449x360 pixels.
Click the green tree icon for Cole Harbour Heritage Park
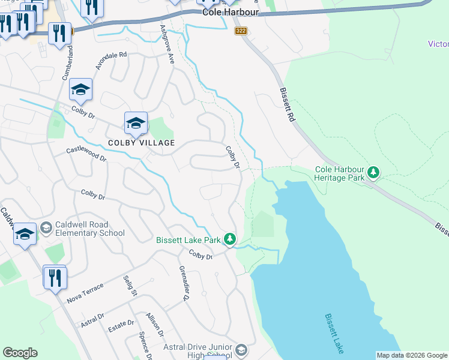374,173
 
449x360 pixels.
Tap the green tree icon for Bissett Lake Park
229,239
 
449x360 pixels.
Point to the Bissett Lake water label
335,332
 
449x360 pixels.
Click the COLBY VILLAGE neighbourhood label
141,143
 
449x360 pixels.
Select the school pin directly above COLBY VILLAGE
136,123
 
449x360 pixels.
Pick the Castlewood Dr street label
86,154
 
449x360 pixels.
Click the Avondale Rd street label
112,61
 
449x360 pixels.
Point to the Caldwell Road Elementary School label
90,229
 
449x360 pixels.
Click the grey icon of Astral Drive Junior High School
241,349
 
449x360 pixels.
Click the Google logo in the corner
20,353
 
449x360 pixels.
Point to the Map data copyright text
412,355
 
